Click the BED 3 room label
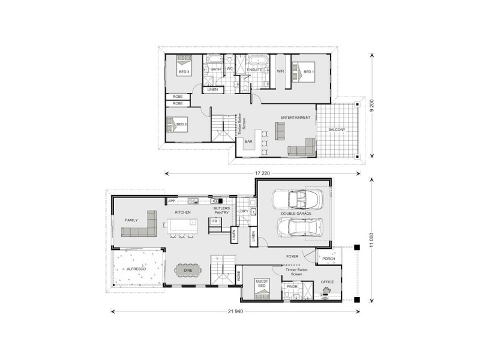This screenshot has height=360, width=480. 184,72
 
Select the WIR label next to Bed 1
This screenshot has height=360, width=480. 280,71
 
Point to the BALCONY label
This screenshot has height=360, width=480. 337,130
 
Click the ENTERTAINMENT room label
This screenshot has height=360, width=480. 295,118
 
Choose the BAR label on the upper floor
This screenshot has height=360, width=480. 248,142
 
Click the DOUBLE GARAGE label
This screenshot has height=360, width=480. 293,214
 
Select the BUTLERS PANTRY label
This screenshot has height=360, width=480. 222,210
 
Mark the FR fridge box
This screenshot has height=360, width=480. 214,221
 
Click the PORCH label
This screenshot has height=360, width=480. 328,259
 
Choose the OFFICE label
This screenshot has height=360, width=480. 327,282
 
